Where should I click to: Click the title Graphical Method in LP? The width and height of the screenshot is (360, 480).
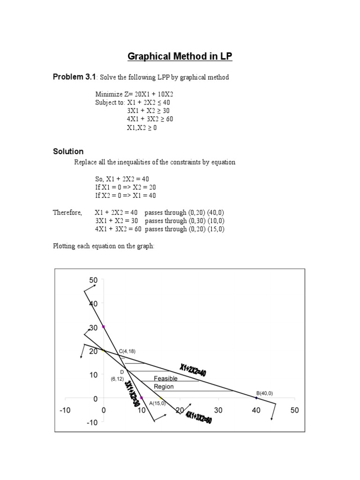click(180, 57)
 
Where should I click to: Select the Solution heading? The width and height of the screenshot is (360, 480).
click(68, 151)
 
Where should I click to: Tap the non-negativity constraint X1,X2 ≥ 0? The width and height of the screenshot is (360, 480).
click(142, 127)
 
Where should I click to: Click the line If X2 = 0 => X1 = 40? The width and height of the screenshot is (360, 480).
click(125, 195)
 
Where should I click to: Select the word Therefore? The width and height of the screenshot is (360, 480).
click(67, 212)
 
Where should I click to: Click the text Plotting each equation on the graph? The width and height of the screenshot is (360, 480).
click(104, 246)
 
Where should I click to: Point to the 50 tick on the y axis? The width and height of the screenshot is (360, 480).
click(93, 280)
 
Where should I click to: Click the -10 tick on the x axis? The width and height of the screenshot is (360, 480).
click(65, 411)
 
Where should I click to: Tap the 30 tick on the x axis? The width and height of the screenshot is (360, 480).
click(218, 411)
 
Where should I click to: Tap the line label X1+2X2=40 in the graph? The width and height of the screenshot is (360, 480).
click(192, 369)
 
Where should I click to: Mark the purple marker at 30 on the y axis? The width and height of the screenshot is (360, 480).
click(104, 327)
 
